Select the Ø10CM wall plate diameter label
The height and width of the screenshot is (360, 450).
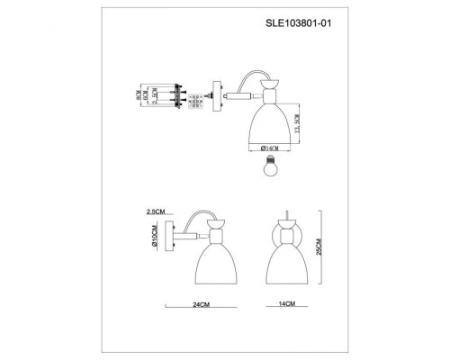(x=156, y=239)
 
